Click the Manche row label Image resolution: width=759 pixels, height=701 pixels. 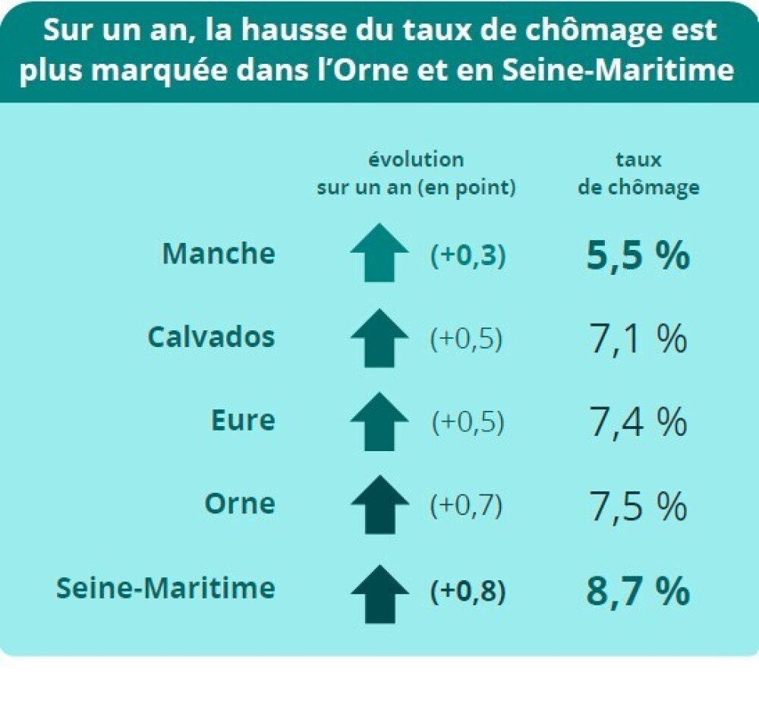point(219,254)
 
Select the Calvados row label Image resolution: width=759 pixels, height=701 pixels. point(211,336)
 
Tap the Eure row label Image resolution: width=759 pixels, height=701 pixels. point(243,420)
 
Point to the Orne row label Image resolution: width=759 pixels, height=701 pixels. point(239,503)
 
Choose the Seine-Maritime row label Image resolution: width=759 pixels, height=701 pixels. point(165,588)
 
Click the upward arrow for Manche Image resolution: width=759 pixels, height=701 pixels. point(379,253)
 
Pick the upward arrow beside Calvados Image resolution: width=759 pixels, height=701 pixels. point(379,338)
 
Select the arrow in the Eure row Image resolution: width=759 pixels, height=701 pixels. point(379,422)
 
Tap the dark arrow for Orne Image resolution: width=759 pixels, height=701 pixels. point(379,504)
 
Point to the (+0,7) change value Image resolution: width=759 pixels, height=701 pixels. point(466,506)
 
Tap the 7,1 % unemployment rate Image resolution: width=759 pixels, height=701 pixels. point(638,339)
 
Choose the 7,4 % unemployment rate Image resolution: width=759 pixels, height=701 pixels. point(638,422)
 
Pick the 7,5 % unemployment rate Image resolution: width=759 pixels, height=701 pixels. point(638,506)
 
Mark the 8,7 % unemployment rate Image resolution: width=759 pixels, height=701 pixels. point(638,592)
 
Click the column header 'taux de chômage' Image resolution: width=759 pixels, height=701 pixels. point(638,174)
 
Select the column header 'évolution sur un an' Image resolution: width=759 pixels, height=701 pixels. point(416,174)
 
